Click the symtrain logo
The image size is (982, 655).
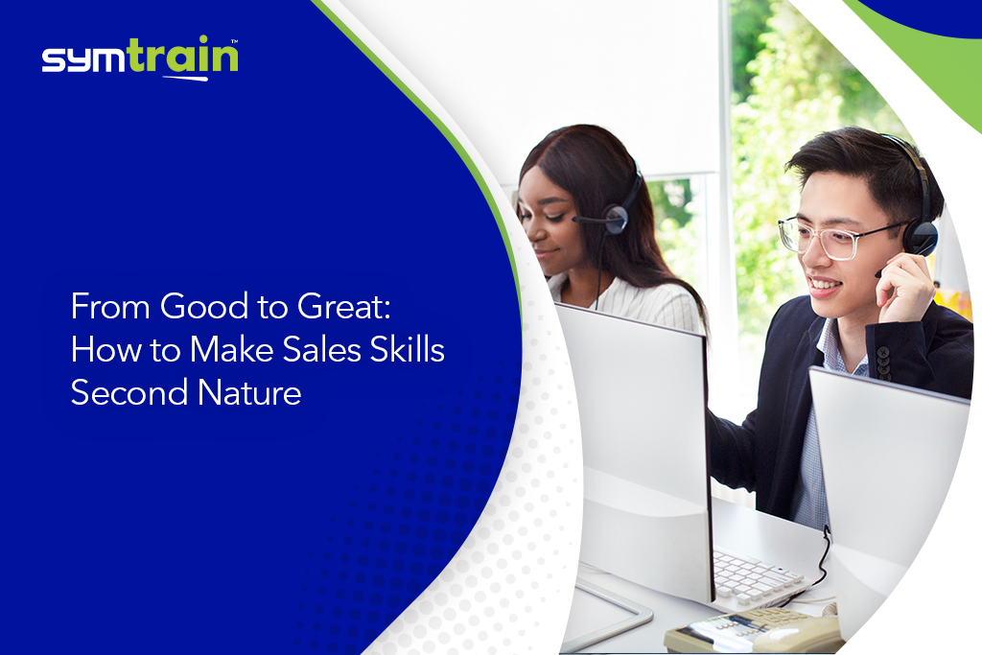pyautogui.click(x=140, y=58)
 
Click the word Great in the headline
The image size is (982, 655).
pyautogui.click(x=344, y=307)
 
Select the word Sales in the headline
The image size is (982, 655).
pyautogui.click(x=322, y=349)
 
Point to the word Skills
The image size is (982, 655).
pyautogui.click(x=407, y=349)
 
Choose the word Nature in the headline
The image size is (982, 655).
pyautogui.click(x=249, y=392)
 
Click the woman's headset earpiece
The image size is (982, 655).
pyautogui.click(x=617, y=219)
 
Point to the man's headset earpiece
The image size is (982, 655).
pyautogui.click(x=920, y=238)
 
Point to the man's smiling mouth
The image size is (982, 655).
pyautogui.click(x=823, y=286)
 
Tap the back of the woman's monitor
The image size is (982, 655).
pyautogui.click(x=633, y=451)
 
